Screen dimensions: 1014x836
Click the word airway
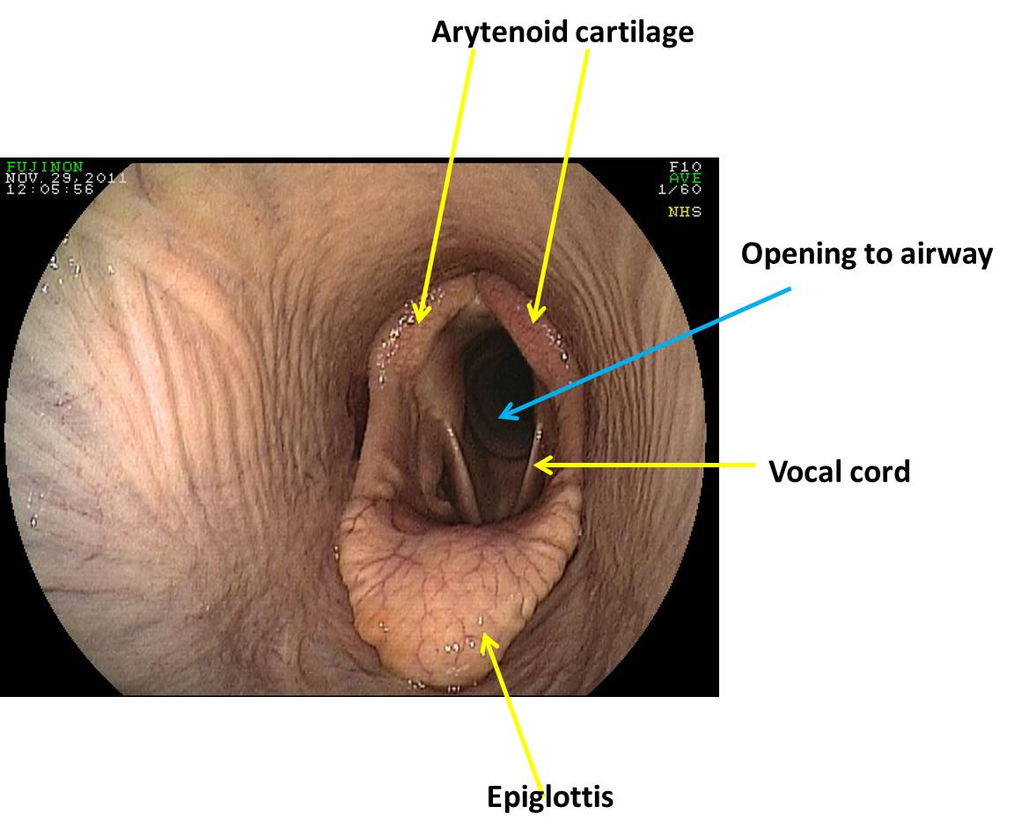(941, 254)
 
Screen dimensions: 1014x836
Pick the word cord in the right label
(879, 472)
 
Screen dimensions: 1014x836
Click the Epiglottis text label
(550, 797)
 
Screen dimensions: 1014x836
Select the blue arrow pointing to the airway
(643, 352)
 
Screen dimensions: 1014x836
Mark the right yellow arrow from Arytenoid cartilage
(558, 185)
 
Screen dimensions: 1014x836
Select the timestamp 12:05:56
(49, 188)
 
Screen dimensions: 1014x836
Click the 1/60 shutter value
(679, 189)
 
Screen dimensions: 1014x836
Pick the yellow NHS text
(684, 212)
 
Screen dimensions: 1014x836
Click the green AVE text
(684, 178)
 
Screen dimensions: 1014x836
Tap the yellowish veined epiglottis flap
(458, 581)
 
